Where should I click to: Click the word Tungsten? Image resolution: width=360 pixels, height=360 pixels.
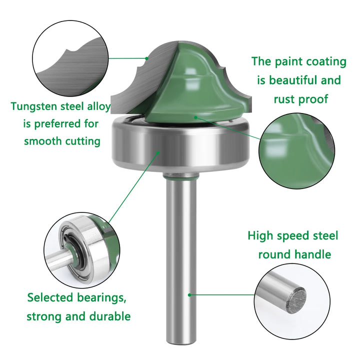pos(34,107)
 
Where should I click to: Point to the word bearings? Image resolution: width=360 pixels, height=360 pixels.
pos(101,298)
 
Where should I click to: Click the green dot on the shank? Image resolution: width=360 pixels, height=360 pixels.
pos(189,294)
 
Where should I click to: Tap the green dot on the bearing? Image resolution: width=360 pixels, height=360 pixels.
pos(158,152)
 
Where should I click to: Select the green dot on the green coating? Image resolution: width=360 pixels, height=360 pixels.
pos(195,117)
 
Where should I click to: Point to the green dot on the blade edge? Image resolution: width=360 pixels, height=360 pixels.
pos(146,58)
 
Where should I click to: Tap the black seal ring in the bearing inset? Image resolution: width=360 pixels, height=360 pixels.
pos(74,250)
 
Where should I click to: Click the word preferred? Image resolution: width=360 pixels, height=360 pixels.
pos(66,124)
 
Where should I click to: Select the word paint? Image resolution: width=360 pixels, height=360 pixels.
pos(288,62)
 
